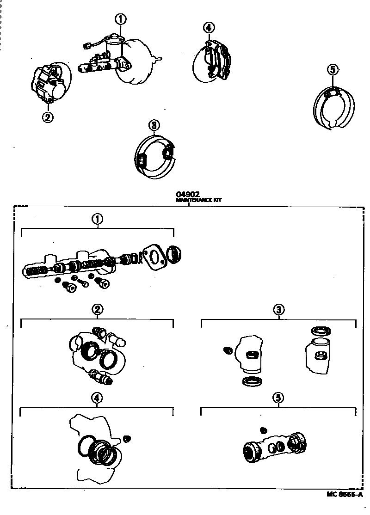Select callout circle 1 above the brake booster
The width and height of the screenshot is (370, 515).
[120, 19]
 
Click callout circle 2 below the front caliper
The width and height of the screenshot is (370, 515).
[48, 117]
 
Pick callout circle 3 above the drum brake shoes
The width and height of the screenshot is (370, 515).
[154, 125]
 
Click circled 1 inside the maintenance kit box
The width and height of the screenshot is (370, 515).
[97, 220]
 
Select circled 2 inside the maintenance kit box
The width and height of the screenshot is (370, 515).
[97, 310]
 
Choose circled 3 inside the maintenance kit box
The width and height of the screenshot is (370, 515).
[279, 310]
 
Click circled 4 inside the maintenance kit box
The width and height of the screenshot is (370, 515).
[97, 398]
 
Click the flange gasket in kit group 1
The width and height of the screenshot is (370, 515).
[155, 257]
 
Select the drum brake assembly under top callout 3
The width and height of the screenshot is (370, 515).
[155, 157]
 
